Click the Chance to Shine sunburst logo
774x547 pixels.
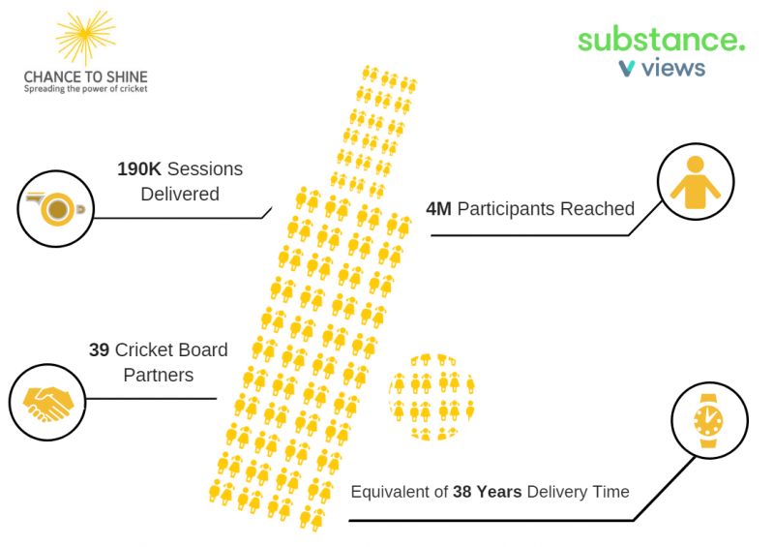[86, 38]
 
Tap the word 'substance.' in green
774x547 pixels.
[662, 39]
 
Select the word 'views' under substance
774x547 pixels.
[673, 68]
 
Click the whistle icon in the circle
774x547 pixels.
[56, 208]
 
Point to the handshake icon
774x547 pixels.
[47, 403]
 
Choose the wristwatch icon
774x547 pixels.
[708, 420]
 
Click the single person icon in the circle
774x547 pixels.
[695, 182]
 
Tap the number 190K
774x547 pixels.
[139, 169]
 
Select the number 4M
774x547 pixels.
[438, 209]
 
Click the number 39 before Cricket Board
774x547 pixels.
[99, 349]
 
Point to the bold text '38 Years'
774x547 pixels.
[488, 492]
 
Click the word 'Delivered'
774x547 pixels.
[180, 195]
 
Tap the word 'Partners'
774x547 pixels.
[159, 375]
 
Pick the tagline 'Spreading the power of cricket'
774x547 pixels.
[86, 89]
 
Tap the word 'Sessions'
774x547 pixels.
[205, 169]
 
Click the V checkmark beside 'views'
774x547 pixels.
[626, 68]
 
